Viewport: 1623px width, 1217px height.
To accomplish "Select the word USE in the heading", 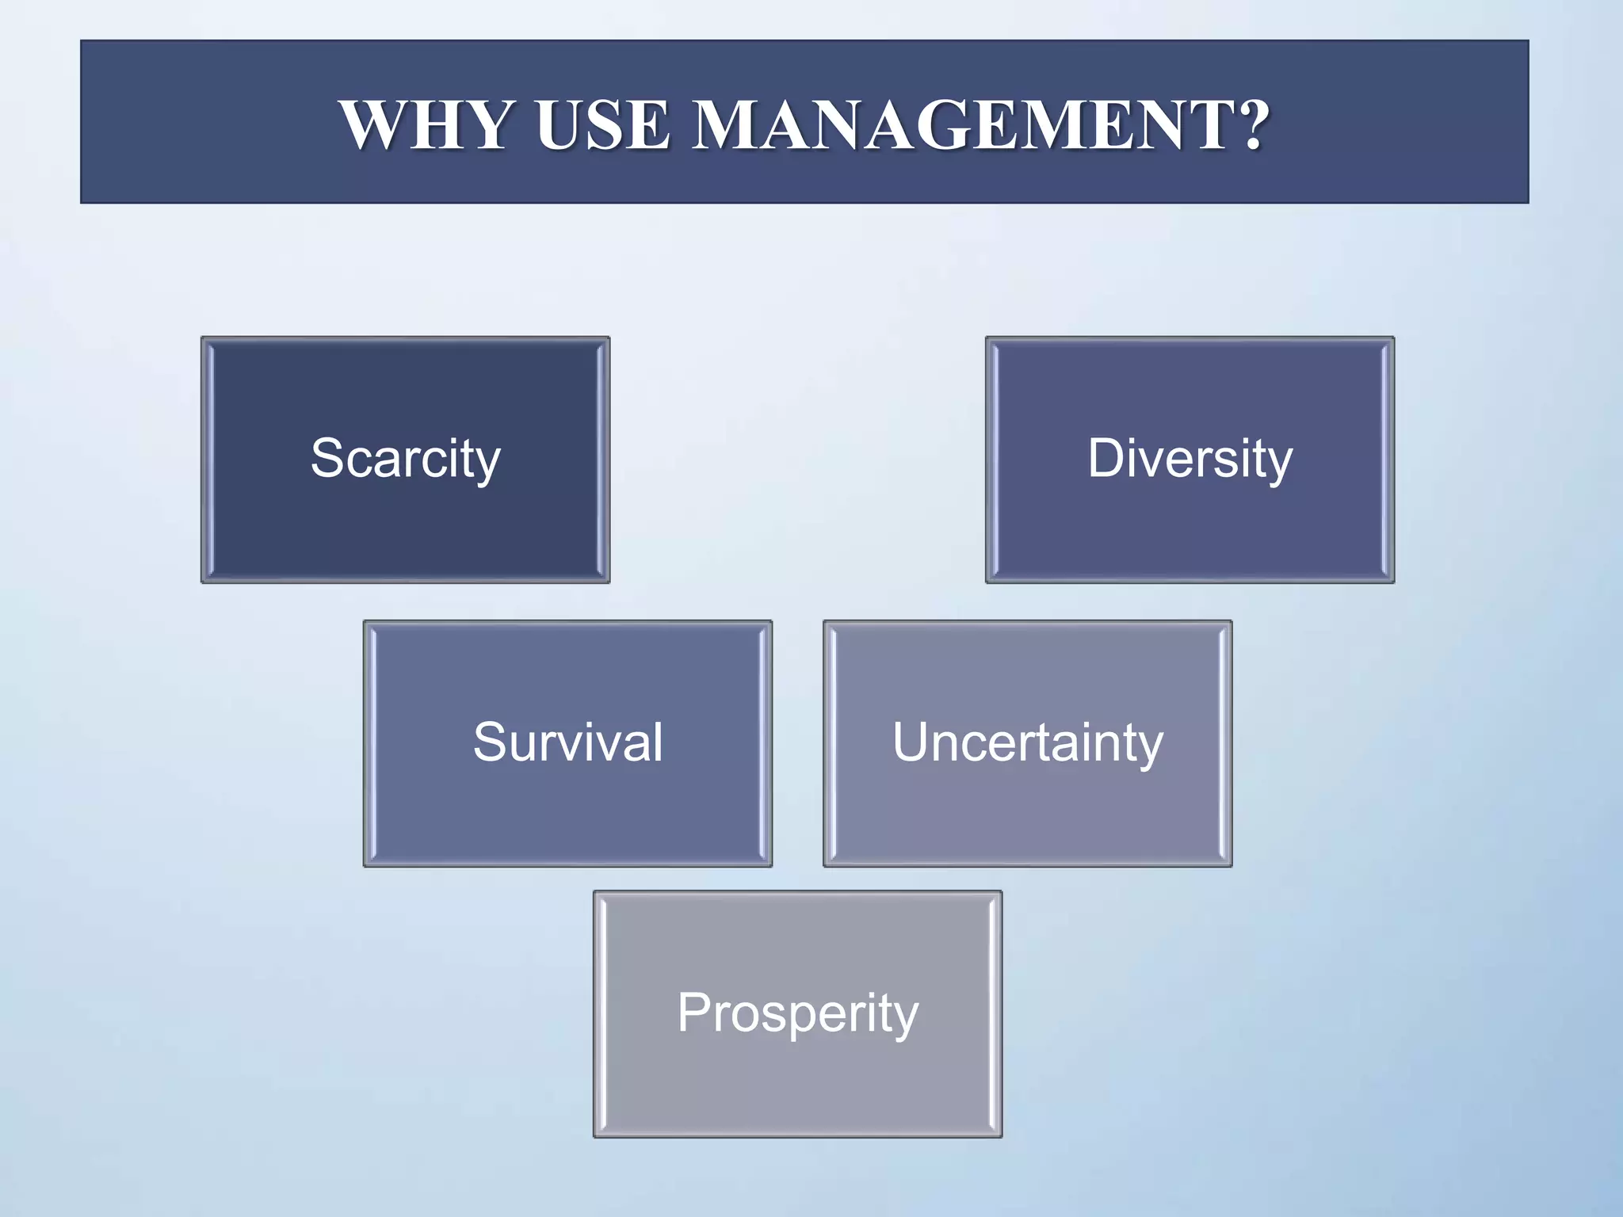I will point(602,124).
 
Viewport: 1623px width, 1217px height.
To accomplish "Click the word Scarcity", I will point(405,459).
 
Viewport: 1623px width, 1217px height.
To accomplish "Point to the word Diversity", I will point(1190,459).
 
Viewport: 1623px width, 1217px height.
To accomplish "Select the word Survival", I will point(567,742).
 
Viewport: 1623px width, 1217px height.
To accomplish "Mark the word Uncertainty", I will point(1027,742).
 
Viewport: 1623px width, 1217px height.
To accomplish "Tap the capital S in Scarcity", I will point(327,458).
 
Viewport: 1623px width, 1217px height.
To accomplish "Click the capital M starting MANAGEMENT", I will point(728,124).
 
